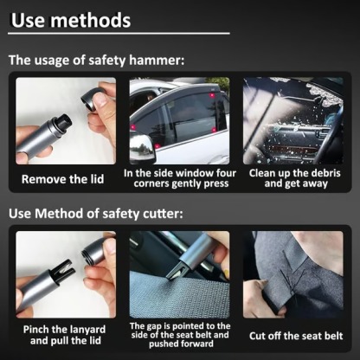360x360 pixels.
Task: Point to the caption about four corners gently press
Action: click(179, 178)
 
